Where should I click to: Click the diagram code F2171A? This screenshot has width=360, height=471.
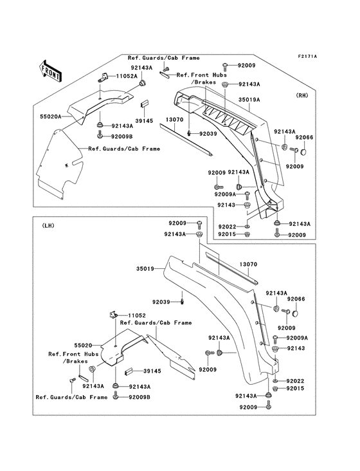coord(325,57)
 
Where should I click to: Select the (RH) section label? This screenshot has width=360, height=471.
coord(301,95)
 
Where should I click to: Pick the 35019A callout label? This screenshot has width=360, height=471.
coord(249,100)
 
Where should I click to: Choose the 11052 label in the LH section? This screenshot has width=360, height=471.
coord(138,315)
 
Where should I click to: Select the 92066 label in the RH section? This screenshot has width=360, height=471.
coord(304,138)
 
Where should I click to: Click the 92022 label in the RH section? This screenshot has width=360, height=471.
coord(227,226)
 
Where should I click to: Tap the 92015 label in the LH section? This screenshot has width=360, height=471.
coord(295,389)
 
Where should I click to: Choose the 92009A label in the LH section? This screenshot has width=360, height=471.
coord(297,338)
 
